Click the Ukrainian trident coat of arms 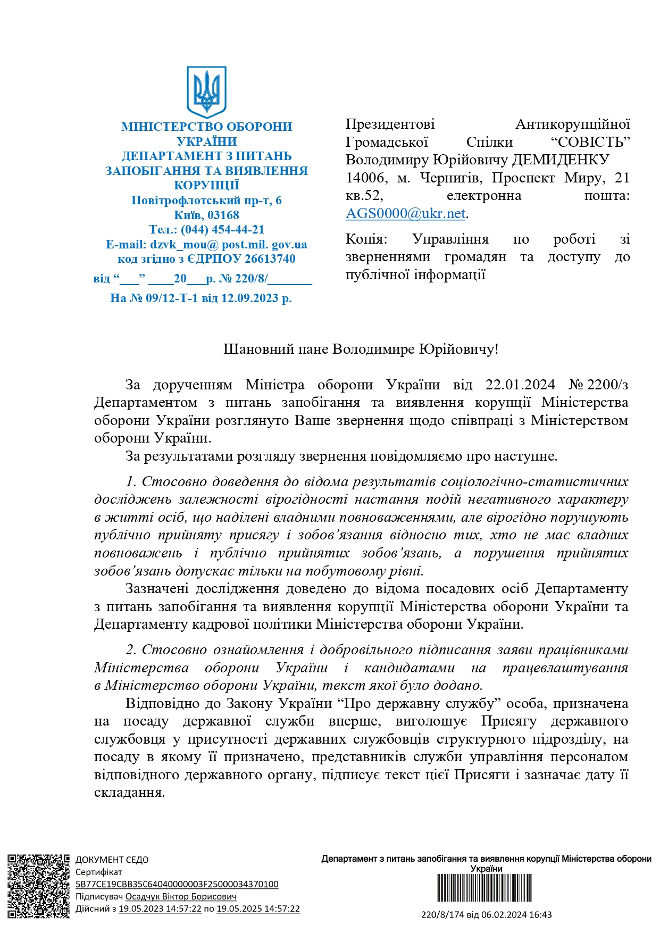click(x=206, y=91)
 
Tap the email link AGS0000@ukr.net click(x=406, y=213)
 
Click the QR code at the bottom click(x=38, y=886)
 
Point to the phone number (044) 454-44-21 click(x=222, y=230)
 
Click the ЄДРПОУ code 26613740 click(x=270, y=259)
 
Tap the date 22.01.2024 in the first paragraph click(x=520, y=385)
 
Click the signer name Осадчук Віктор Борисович click(x=181, y=896)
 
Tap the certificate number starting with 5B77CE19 click(x=177, y=884)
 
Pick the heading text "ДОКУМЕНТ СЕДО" click(x=112, y=860)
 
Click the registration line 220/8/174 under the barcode click(x=486, y=915)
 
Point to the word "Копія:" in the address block click(x=366, y=239)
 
